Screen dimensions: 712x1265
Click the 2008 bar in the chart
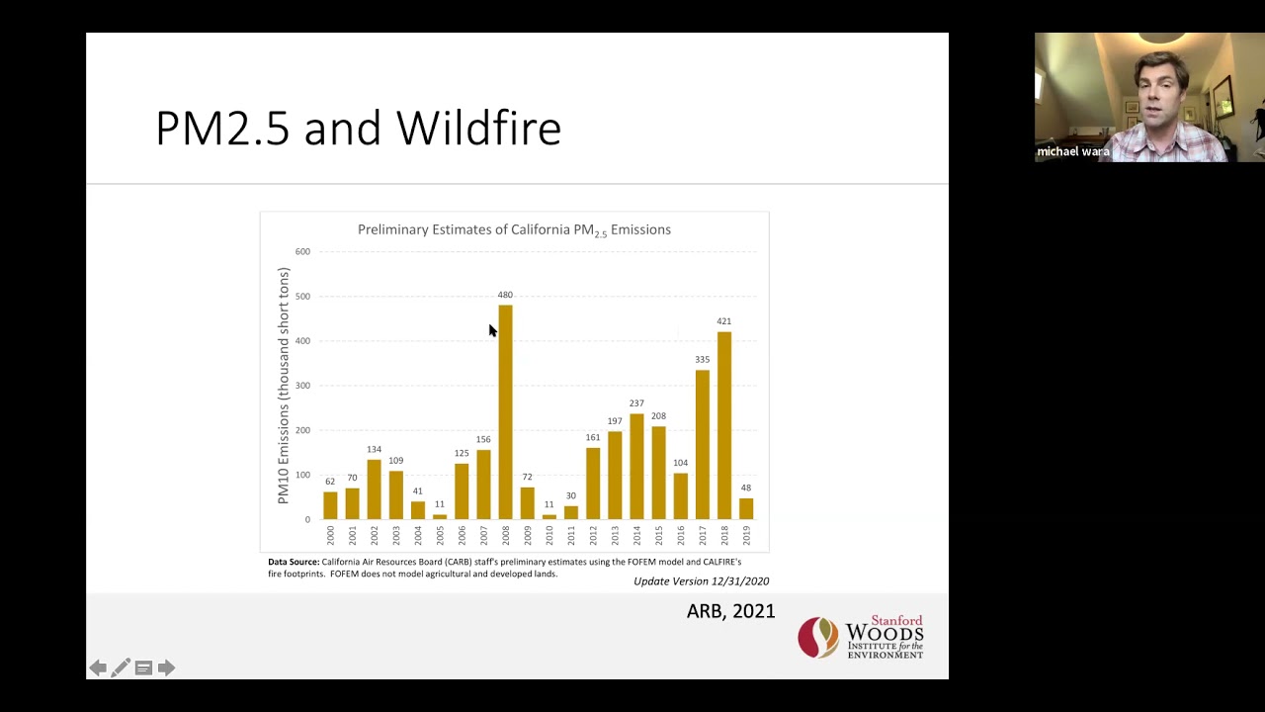tap(505, 411)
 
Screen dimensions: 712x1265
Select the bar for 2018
tap(724, 425)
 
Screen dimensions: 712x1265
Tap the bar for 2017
tap(703, 444)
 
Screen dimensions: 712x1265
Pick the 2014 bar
tap(636, 466)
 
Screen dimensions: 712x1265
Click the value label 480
tap(505, 295)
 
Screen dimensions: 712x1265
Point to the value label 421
tap(724, 321)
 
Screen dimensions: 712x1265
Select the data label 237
tap(636, 403)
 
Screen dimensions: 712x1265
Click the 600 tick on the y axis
tap(302, 252)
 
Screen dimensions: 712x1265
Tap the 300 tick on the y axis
tap(302, 386)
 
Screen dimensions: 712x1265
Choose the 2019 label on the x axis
tap(746, 535)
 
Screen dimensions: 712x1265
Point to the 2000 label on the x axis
tap(330, 535)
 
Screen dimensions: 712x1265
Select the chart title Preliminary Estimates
tap(514, 230)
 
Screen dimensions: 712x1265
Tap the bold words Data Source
tap(294, 562)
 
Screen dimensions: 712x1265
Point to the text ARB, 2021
tap(730, 611)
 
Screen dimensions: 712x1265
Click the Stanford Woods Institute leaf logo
tap(818, 638)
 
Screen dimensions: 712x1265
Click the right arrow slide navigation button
tap(166, 668)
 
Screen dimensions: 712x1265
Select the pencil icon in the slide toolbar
tap(121, 668)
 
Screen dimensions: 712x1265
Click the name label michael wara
tap(1072, 152)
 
